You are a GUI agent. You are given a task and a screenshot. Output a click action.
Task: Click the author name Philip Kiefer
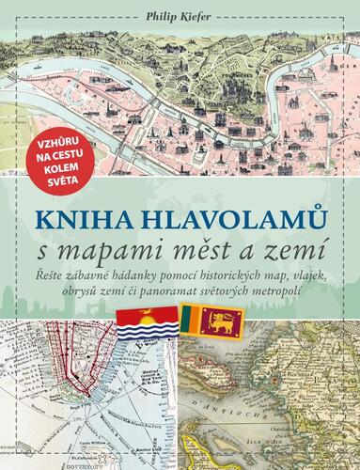tap(180, 13)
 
